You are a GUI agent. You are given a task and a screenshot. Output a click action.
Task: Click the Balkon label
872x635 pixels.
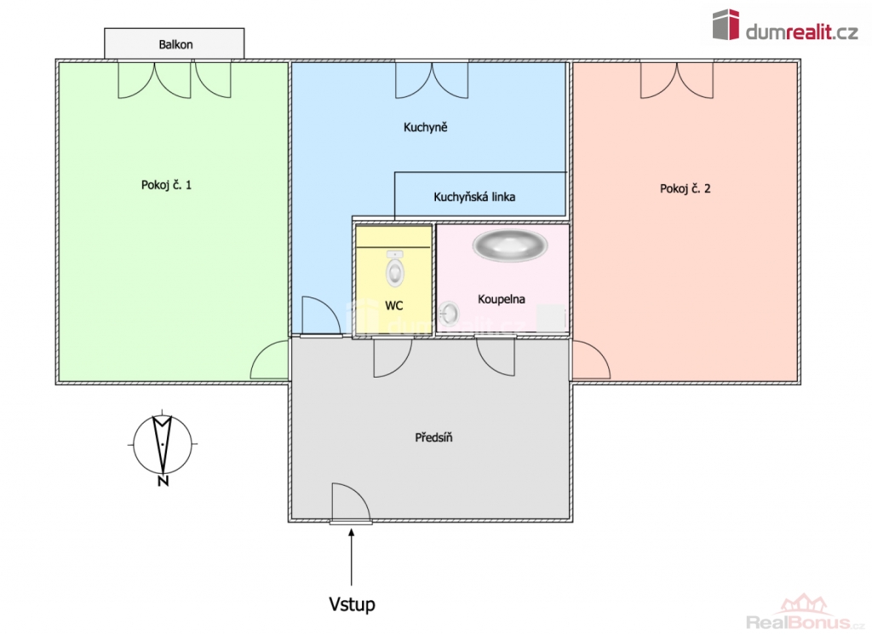[x=175, y=44]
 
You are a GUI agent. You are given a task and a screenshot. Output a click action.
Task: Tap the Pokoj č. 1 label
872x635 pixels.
[x=166, y=185]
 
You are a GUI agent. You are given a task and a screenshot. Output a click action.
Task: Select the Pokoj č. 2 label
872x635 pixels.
[x=686, y=188]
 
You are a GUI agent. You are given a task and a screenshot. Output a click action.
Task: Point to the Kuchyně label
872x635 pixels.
[x=426, y=128]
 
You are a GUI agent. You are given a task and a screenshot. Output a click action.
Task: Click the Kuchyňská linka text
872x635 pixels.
[x=474, y=197]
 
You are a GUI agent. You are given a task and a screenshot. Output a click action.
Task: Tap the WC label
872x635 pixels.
[x=393, y=305]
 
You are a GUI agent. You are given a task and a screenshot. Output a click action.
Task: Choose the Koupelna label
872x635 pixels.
[x=501, y=299]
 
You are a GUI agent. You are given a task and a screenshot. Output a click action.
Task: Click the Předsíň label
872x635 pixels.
[x=433, y=437]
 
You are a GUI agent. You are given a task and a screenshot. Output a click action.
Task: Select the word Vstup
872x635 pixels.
[x=352, y=604]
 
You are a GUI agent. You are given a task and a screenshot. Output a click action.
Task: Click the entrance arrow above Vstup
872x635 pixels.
[x=352, y=557]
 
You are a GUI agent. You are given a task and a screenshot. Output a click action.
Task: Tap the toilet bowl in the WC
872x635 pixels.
[x=395, y=269]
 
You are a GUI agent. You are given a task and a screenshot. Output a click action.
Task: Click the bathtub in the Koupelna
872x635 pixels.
[x=510, y=245]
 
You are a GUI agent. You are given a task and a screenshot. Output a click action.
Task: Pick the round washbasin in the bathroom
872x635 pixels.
[x=448, y=314]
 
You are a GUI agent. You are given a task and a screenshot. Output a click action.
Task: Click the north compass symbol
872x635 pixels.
[x=163, y=445]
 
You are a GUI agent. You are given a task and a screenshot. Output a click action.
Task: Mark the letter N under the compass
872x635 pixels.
[x=163, y=482]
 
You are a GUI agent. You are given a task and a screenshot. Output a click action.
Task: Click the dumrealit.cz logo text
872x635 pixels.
[x=801, y=32]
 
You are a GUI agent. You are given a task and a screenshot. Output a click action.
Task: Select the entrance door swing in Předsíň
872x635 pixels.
[x=351, y=503]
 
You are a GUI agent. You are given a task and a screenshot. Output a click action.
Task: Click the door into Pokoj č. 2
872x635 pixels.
[x=591, y=360]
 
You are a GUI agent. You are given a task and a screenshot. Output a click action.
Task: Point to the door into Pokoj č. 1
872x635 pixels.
[x=270, y=360]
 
